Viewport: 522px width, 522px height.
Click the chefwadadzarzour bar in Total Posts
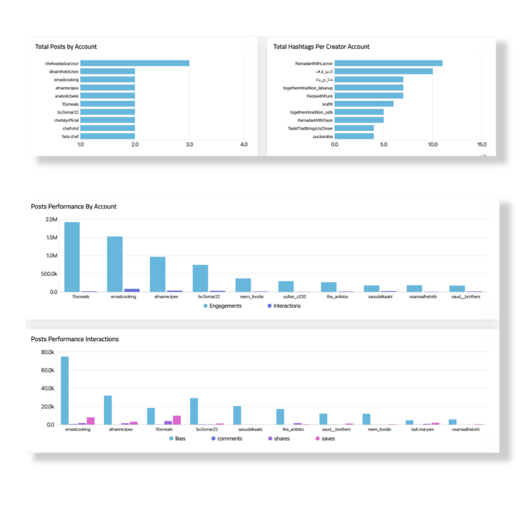135,63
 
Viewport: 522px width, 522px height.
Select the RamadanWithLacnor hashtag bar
388,63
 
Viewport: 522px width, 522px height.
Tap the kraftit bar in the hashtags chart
364,103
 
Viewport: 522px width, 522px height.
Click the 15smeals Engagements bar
72,257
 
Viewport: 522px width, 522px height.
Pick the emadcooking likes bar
65,390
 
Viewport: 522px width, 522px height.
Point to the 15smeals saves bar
177,420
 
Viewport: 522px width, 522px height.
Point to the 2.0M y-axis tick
51,220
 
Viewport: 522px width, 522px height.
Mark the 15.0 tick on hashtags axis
481,145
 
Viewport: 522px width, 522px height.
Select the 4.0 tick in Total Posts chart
244,145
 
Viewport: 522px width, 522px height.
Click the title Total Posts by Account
66,47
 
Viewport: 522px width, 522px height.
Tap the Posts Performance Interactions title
74,339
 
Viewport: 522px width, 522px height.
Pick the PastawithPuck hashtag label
320,95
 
